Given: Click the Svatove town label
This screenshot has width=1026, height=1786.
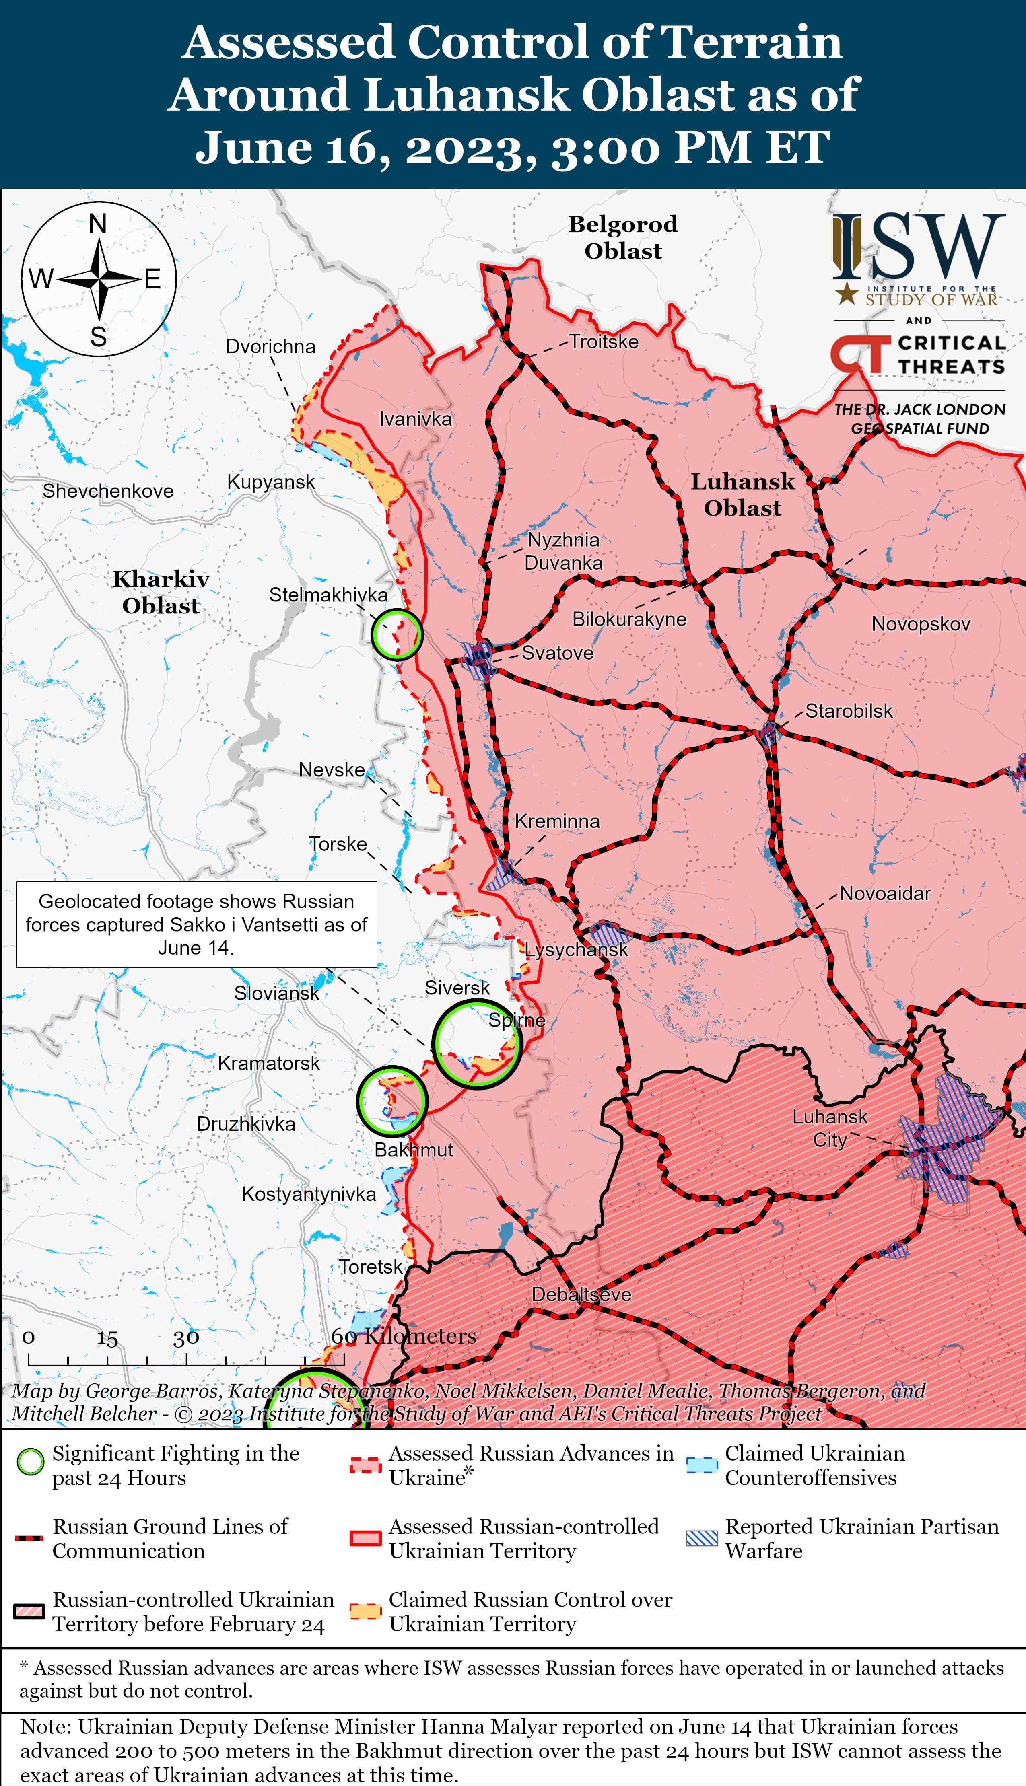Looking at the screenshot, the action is [x=557, y=653].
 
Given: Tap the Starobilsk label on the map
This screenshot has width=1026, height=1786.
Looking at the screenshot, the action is [x=849, y=711].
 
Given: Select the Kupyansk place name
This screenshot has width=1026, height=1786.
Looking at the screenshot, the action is [x=271, y=482].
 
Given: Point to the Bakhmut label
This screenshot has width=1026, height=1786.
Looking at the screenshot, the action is [x=414, y=1150].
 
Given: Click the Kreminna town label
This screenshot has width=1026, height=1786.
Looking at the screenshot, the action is [x=557, y=821].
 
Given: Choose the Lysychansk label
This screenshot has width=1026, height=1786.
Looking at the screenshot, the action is [x=576, y=950].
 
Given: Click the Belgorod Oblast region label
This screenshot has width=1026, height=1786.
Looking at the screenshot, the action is [x=623, y=237].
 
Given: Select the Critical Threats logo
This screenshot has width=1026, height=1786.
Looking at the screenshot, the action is [x=917, y=354].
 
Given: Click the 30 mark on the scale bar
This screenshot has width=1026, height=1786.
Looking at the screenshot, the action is [x=186, y=1338].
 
